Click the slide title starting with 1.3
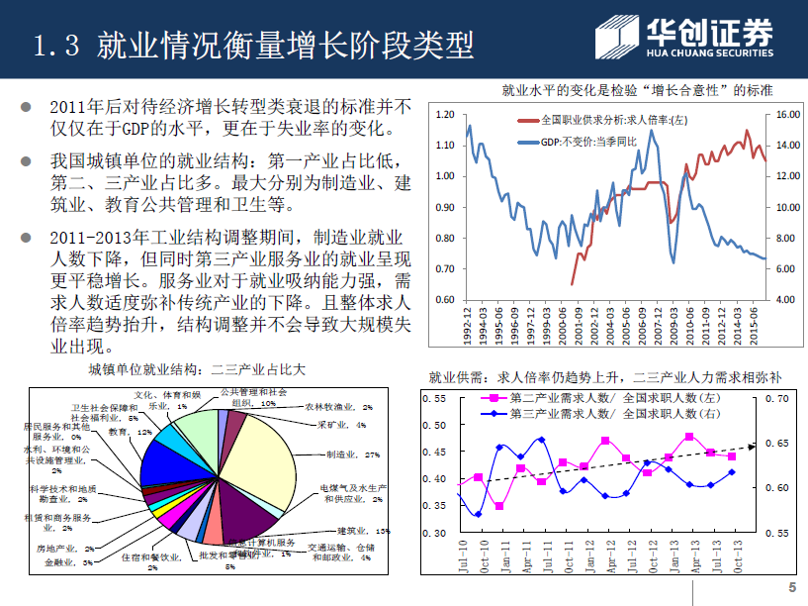(252, 45)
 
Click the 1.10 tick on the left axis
(444, 146)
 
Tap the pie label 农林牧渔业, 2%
(337, 406)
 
